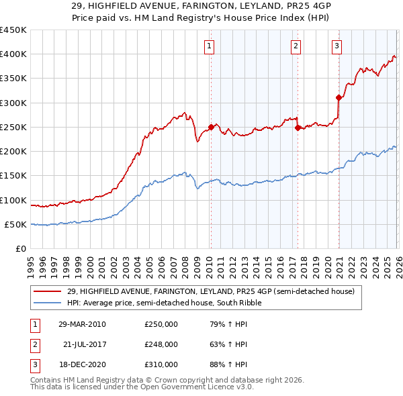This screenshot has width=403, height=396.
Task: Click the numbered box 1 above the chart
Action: (x=210, y=46)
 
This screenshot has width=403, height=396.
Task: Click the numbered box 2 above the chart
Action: (x=296, y=46)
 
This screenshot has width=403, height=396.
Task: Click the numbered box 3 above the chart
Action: (x=337, y=46)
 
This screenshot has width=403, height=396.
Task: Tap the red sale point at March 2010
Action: (x=211, y=127)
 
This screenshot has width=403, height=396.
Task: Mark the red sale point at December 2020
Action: (x=339, y=98)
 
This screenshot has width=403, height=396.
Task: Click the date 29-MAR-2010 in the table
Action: (x=82, y=325)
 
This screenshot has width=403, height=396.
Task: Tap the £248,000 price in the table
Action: (x=161, y=344)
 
